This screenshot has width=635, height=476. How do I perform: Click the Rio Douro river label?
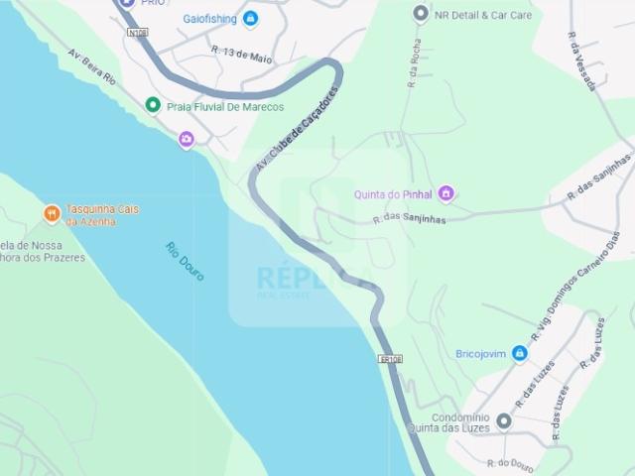(186, 262)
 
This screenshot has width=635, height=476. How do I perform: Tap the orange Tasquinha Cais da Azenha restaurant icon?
(52, 214)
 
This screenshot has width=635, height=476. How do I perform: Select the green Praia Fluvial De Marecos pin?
(153, 105)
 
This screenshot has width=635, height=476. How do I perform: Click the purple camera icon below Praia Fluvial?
(187, 140)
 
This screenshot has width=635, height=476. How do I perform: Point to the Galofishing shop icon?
(250, 19)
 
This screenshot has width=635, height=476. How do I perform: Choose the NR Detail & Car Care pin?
(421, 14)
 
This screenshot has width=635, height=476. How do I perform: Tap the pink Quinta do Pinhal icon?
(446, 192)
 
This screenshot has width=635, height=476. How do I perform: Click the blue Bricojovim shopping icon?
(520, 353)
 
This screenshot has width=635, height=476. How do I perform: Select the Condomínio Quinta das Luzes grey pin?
(504, 422)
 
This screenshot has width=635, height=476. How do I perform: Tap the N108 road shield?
(137, 33)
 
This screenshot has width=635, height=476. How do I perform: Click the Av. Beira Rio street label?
(92, 66)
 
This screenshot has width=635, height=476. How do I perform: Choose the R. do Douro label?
(510, 464)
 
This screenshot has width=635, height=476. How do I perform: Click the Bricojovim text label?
(480, 354)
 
